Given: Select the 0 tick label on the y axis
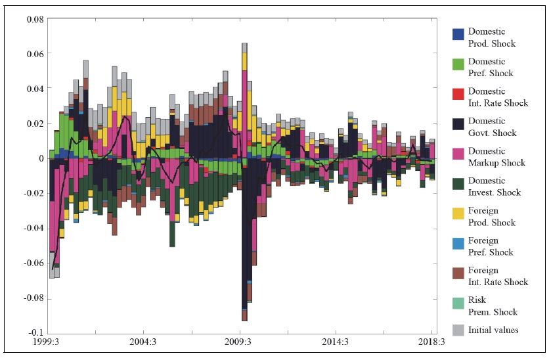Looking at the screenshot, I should tap(41, 158).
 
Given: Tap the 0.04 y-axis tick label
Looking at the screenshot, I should tap(34, 88).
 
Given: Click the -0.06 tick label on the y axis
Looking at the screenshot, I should tap(33, 263).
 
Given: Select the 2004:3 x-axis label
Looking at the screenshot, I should tap(143, 342).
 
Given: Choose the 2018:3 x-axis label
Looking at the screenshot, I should tap(432, 342).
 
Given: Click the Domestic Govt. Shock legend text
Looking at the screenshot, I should tap(492, 127).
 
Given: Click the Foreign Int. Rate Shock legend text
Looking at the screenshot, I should tap(497, 276).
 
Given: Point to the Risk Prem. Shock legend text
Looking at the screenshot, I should tap(492, 306).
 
